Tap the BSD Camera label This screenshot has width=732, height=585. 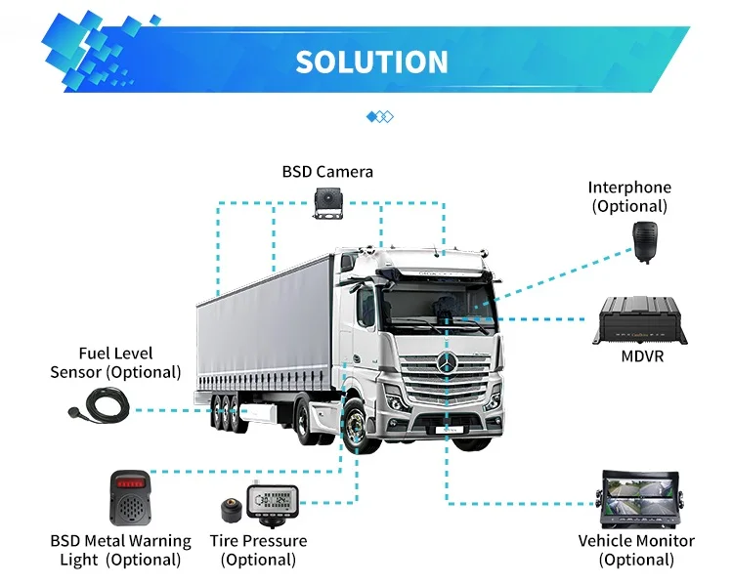coord(327,172)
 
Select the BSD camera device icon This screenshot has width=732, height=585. coord(327,201)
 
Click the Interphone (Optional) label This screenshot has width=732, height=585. coord(629,196)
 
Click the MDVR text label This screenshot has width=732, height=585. coord(642,356)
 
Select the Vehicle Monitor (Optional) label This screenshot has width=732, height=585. coord(636,550)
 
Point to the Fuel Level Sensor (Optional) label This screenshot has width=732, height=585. coord(115,362)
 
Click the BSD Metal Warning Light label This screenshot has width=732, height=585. coord(120,550)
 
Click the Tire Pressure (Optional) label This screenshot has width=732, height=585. coord(258,550)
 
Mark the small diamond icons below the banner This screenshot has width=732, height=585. coord(380,117)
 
